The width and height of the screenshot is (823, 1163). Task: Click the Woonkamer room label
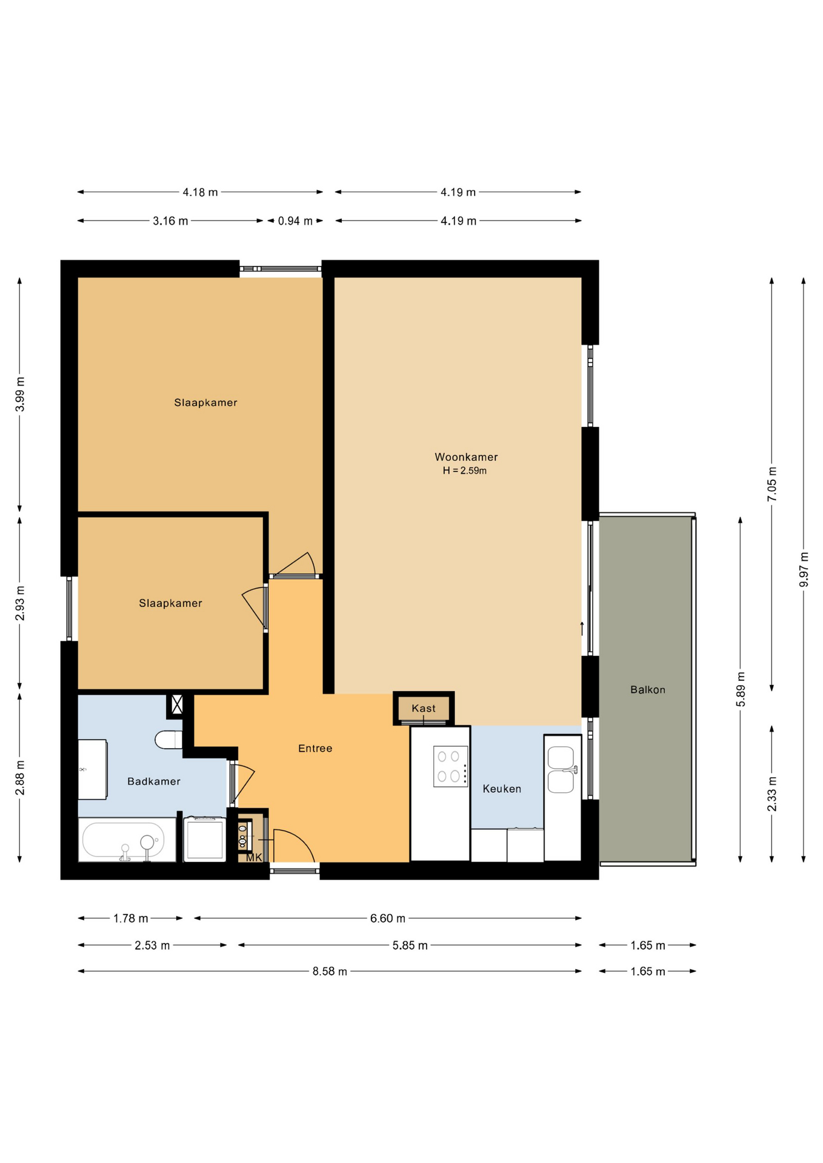click(466, 457)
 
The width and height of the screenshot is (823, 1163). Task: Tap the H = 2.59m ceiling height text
click(465, 471)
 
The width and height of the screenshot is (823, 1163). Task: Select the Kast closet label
click(424, 708)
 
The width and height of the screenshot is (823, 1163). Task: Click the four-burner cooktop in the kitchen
click(451, 766)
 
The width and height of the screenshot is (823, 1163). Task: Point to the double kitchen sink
click(562, 769)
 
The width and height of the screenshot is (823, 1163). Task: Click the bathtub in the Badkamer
click(127, 840)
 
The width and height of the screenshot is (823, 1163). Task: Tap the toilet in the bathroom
click(169, 740)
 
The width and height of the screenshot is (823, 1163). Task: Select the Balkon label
click(648, 689)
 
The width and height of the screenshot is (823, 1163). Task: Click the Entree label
click(315, 748)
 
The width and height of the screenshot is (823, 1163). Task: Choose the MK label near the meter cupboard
click(254, 857)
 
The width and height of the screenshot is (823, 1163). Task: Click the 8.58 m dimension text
click(330, 971)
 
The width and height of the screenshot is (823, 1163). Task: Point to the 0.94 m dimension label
click(295, 221)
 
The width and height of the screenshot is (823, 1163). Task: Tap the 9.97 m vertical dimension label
click(804, 569)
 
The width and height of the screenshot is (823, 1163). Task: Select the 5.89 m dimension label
click(741, 689)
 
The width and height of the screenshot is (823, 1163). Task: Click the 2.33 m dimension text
click(772, 794)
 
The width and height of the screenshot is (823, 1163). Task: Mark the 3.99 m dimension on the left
click(20, 394)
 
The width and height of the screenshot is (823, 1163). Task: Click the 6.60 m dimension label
click(388, 918)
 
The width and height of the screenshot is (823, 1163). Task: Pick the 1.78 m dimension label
click(131, 918)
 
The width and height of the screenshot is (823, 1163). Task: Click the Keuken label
click(502, 789)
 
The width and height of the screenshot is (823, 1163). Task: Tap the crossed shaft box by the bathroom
click(177, 704)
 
